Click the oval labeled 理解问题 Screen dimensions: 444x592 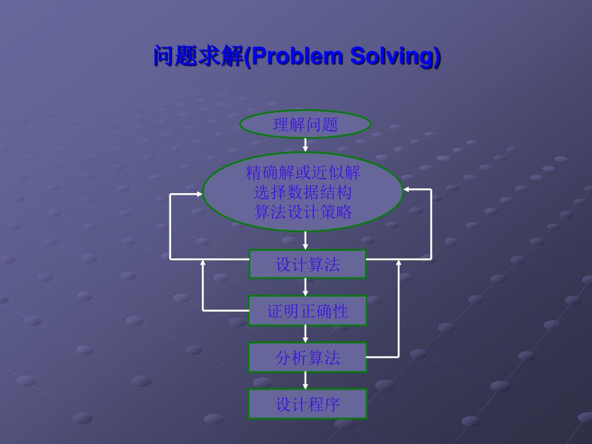tap(305, 124)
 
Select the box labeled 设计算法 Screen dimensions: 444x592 tap(308, 264)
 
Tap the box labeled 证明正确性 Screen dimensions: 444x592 tap(308, 311)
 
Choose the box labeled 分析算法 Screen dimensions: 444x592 tap(308, 357)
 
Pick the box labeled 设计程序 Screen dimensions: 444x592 tap(308, 404)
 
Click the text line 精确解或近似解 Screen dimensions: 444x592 tap(303, 172)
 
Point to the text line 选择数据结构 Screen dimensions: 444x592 tap(303, 192)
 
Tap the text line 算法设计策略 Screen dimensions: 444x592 tap(303, 212)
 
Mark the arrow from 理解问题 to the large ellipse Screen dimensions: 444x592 tap(305, 145)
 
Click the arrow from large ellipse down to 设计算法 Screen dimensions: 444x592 tap(305, 240)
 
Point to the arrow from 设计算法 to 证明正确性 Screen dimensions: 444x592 tap(305, 287)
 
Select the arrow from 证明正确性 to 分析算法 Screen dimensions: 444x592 tap(305, 334)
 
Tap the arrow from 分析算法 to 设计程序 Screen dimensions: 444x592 tap(305, 380)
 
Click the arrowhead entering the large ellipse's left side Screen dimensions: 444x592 tap(199, 194)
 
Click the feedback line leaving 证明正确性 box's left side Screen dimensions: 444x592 tap(225, 310)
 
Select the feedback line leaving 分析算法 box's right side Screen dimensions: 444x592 tap(383, 357)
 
